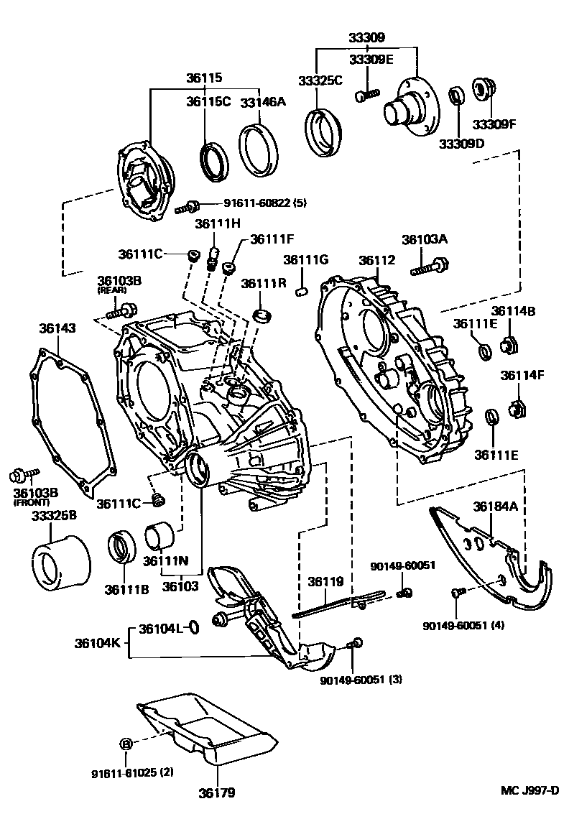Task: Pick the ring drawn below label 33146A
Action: pyautogui.click(x=257, y=149)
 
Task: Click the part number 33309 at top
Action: pyautogui.click(x=367, y=37)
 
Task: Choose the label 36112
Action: pyautogui.click(x=377, y=260)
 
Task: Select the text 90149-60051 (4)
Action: pyautogui.click(x=463, y=624)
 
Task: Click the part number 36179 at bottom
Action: pyautogui.click(x=217, y=793)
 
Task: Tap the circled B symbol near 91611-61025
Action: pyautogui.click(x=126, y=744)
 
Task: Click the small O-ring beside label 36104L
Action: pyautogui.click(x=193, y=629)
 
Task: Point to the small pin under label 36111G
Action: pyautogui.click(x=302, y=292)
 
